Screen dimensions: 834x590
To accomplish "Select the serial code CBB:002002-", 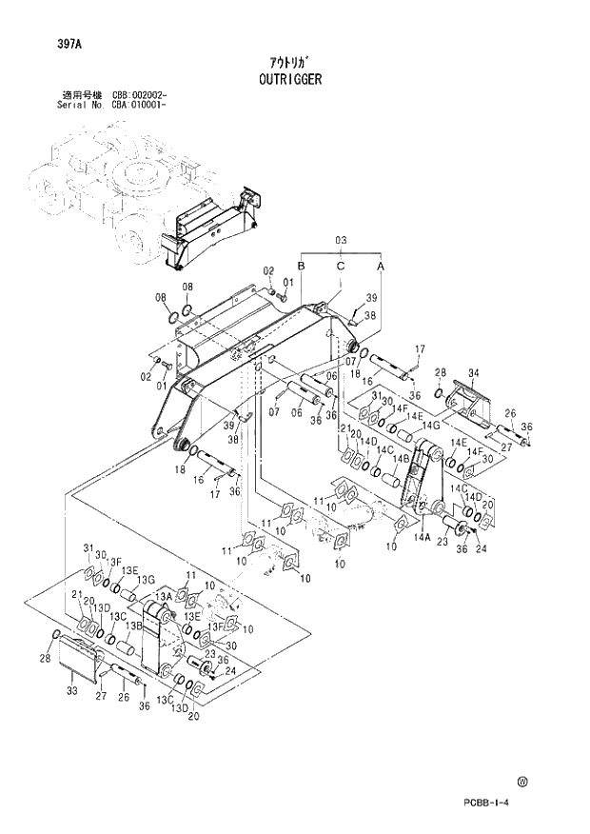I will click(140, 96).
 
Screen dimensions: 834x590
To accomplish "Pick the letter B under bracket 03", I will click(301, 268).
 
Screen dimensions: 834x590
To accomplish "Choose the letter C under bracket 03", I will click(340, 268).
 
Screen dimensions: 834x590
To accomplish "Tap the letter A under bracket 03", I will click(381, 268).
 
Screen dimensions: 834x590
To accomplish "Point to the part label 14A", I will click(423, 537).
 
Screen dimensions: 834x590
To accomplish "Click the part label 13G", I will click(145, 580).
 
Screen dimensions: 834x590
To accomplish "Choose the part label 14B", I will click(401, 459).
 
